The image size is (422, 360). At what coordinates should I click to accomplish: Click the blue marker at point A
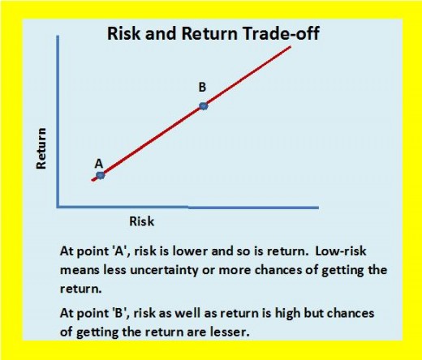click(101, 175)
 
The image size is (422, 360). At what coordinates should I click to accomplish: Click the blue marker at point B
click(204, 106)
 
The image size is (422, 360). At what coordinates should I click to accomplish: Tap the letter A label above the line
click(99, 164)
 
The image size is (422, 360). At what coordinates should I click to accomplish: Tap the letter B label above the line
click(202, 88)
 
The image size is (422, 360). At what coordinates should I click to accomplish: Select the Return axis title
click(41, 148)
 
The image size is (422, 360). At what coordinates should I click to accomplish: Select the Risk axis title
click(142, 221)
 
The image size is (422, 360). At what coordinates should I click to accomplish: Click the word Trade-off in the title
click(281, 33)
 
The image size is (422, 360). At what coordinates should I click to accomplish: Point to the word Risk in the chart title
click(124, 33)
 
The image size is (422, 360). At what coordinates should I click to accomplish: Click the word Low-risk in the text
click(341, 251)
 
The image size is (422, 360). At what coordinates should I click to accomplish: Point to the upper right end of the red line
click(291, 47)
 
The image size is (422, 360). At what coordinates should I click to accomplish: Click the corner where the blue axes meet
click(58, 207)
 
